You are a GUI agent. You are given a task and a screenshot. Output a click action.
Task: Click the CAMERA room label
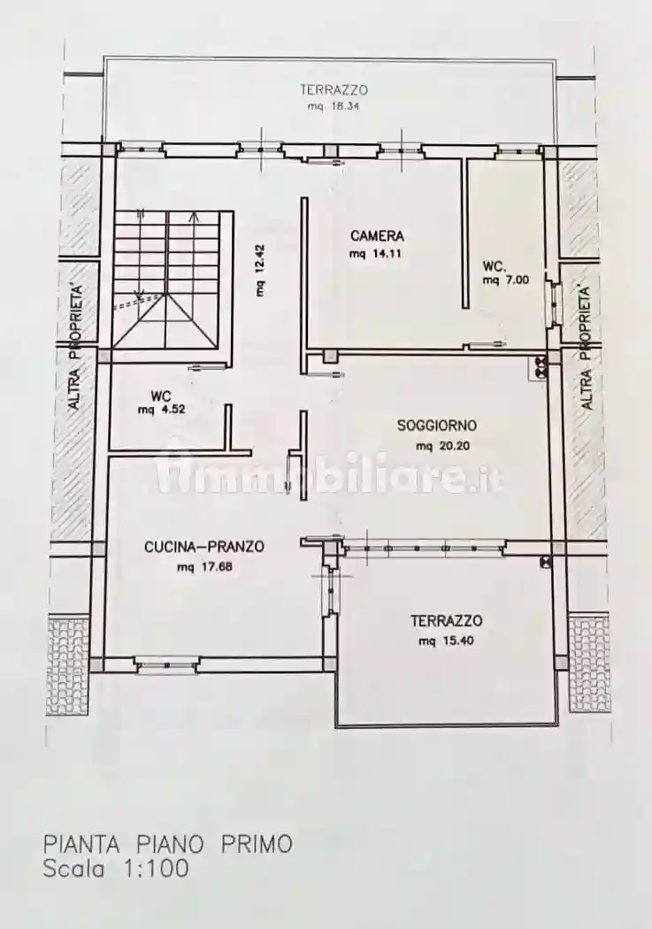click(x=377, y=236)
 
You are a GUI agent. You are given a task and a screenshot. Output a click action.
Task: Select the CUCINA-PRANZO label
click(x=203, y=548)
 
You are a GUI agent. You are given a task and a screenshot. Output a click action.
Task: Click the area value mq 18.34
click(x=333, y=106)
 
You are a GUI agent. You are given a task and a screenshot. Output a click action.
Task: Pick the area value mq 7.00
click(x=505, y=280)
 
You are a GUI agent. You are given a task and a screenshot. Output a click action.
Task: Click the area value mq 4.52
click(x=160, y=410)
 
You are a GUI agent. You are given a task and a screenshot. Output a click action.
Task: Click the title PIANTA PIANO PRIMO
click(x=167, y=843)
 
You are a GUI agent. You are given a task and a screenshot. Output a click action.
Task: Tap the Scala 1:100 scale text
click(x=116, y=869)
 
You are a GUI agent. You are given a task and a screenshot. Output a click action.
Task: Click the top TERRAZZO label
click(x=333, y=89)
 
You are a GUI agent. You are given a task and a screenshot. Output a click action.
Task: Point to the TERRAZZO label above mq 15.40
click(x=445, y=621)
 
